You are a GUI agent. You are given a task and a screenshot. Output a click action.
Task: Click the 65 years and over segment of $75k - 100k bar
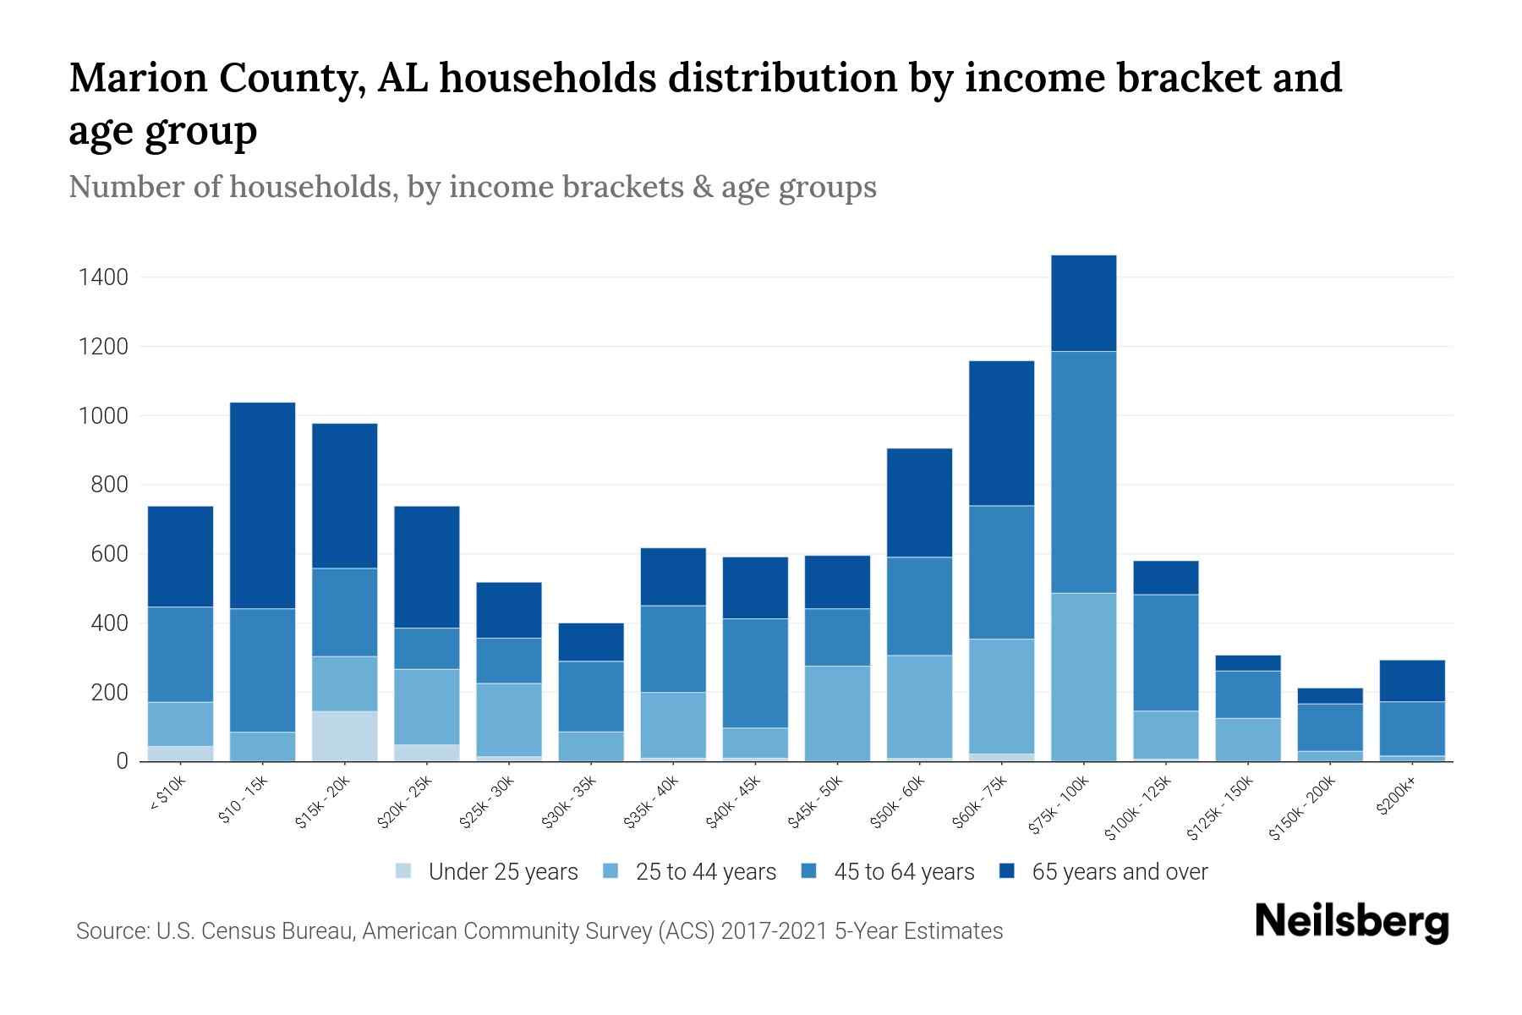click(1083, 303)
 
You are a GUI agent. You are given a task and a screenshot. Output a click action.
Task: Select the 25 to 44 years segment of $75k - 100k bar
click(1083, 677)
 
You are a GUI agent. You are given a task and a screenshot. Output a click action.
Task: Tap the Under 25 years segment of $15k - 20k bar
click(344, 736)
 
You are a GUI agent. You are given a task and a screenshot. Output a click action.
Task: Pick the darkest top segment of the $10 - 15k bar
click(262, 505)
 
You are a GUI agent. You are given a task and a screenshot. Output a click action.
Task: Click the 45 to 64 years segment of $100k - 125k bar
click(1165, 652)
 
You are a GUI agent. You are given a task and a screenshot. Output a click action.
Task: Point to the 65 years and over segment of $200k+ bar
click(1411, 681)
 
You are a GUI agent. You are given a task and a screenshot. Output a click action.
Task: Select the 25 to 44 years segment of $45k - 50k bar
click(837, 713)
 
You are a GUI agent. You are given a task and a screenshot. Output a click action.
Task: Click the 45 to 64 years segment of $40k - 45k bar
click(755, 672)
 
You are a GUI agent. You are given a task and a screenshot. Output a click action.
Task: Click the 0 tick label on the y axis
click(122, 761)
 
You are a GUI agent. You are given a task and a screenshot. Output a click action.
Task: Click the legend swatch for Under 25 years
click(404, 871)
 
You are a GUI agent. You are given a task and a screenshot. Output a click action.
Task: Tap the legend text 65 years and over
click(1119, 871)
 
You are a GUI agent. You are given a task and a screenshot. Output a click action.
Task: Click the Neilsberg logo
click(1351, 922)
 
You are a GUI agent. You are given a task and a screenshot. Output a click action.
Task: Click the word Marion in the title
click(138, 78)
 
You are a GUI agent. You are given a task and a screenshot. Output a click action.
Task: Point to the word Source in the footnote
click(111, 931)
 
